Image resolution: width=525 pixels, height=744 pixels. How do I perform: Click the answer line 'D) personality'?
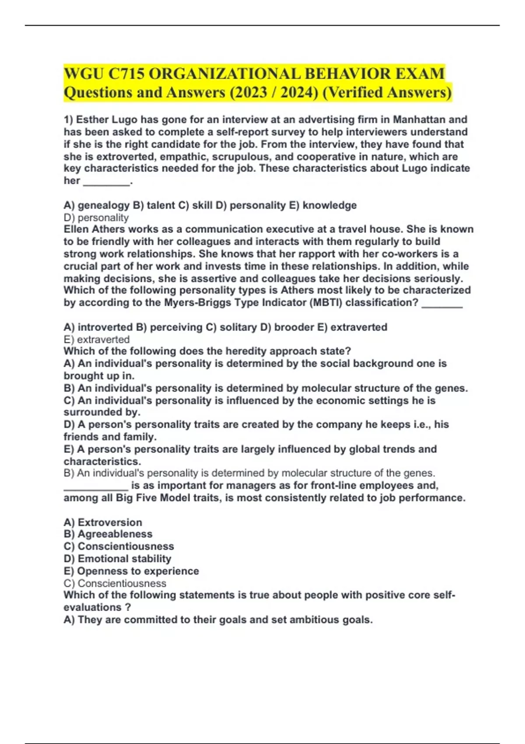click(x=96, y=218)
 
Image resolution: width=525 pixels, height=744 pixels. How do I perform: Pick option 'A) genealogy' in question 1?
click(x=97, y=205)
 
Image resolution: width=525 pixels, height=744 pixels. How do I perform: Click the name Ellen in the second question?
click(x=76, y=229)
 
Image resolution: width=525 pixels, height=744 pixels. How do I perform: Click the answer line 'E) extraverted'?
click(x=97, y=340)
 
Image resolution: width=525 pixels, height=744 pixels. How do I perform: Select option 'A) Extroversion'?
click(x=103, y=522)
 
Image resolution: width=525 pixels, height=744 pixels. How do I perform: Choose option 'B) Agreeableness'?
click(x=108, y=534)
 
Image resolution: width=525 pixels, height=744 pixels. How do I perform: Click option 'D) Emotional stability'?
click(x=117, y=558)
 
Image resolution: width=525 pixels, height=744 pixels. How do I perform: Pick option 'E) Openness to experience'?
click(x=131, y=571)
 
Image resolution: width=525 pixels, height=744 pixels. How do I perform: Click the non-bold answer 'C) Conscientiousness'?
click(x=115, y=583)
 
